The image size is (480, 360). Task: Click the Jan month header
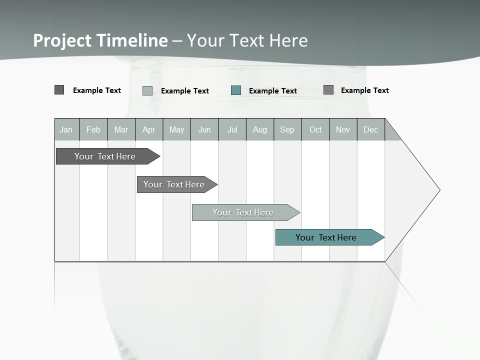(66, 130)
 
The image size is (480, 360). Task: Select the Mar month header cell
(121, 130)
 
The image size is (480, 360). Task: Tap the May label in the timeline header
(176, 130)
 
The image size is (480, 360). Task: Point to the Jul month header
(232, 130)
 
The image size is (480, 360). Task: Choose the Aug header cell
(260, 130)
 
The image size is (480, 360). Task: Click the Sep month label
(287, 130)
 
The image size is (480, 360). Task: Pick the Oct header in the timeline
(315, 130)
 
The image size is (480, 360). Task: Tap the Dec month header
(370, 130)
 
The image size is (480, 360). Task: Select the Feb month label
(93, 130)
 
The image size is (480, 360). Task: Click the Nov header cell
(343, 130)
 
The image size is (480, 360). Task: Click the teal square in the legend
(236, 90)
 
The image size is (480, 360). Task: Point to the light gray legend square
(147, 90)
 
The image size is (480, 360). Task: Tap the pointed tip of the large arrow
(439, 190)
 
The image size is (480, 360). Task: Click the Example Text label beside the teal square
(273, 91)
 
